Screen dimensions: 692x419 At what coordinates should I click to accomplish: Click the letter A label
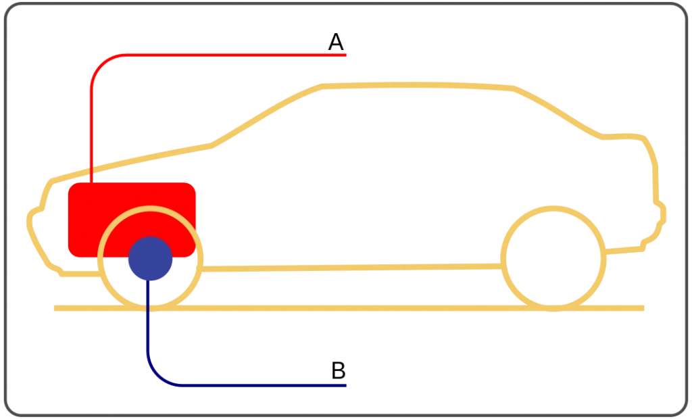click(x=336, y=42)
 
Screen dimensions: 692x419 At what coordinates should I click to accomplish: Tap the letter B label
click(x=338, y=370)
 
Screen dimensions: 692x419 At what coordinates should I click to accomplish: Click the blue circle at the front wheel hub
click(x=151, y=258)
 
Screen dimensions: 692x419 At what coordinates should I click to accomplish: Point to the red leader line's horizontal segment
click(x=236, y=55)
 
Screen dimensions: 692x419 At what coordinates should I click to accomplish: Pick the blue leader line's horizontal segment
click(x=264, y=385)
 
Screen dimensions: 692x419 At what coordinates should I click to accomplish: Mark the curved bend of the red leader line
click(x=101, y=65)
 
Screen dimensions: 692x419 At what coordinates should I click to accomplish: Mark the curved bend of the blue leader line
click(x=157, y=376)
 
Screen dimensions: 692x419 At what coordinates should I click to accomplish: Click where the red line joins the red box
click(x=91, y=182)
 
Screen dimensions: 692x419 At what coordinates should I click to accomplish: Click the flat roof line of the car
click(x=418, y=84)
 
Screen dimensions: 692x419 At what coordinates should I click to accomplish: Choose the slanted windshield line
click(x=266, y=115)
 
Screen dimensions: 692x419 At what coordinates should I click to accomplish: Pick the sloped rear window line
click(x=558, y=112)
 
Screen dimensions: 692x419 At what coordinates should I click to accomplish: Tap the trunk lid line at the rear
click(x=623, y=137)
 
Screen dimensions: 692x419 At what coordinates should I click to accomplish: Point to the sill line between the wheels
click(x=351, y=268)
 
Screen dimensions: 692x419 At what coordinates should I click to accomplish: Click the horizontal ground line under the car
click(x=349, y=308)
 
